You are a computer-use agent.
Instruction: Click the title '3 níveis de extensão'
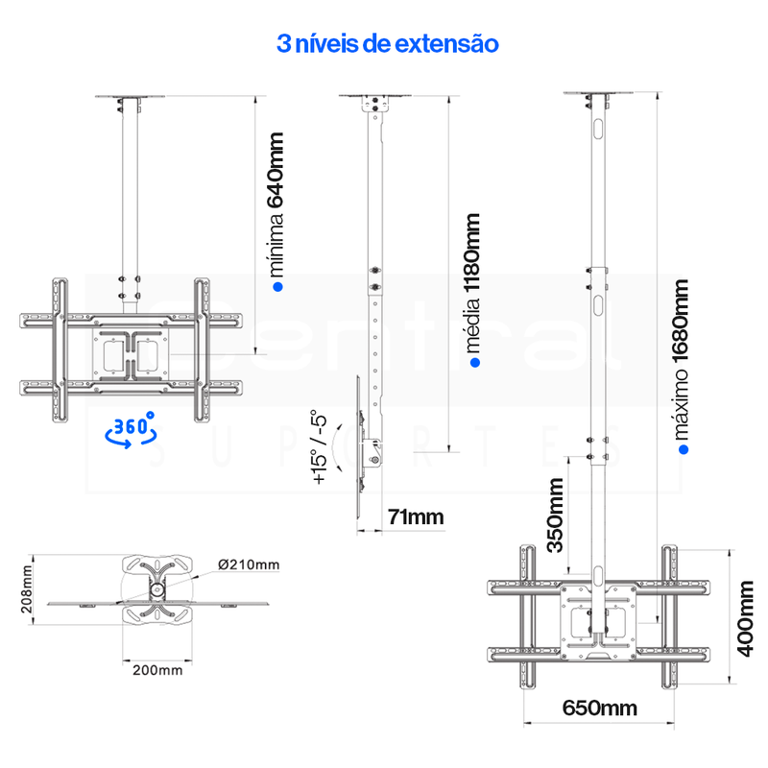(x=388, y=43)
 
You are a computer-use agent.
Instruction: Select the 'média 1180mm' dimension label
(x=472, y=283)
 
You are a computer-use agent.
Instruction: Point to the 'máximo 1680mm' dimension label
(x=682, y=359)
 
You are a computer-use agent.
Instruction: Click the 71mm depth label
(x=416, y=517)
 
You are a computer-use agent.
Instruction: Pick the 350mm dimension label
(x=556, y=516)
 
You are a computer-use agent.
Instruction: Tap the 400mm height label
(x=745, y=618)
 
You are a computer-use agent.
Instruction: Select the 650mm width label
(x=599, y=708)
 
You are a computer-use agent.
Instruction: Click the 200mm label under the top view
(x=157, y=670)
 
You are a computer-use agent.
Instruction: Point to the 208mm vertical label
(x=27, y=589)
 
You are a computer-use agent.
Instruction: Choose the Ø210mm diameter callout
(x=249, y=564)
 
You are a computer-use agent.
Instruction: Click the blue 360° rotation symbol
(x=131, y=429)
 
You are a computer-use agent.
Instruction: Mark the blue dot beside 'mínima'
(x=277, y=287)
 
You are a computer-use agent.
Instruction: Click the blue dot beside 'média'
(x=474, y=363)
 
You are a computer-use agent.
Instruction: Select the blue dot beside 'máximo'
(x=684, y=449)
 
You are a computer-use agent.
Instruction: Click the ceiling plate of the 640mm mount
(x=130, y=97)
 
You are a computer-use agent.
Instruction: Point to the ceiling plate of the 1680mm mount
(x=597, y=92)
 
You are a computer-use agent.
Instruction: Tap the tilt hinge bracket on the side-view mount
(x=373, y=452)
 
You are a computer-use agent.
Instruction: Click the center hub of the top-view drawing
(x=156, y=589)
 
